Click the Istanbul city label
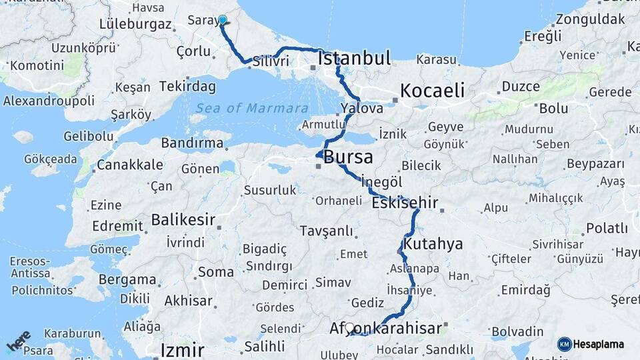coord(354,59)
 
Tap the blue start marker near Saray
coord(222,21)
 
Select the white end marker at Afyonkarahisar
coord(349,327)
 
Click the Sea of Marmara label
coord(252,108)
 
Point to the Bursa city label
coord(349,157)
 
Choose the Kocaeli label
coord(432,91)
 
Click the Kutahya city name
coord(433,244)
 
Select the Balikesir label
coord(183,219)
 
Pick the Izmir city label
coord(182,350)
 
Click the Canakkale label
coord(129,165)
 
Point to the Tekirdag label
coord(188,87)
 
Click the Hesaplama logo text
coord(599,344)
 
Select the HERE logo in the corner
coord(18,341)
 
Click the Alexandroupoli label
coord(48,101)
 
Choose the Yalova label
coord(361,107)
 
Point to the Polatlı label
coord(607,229)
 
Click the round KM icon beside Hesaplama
coord(564,344)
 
